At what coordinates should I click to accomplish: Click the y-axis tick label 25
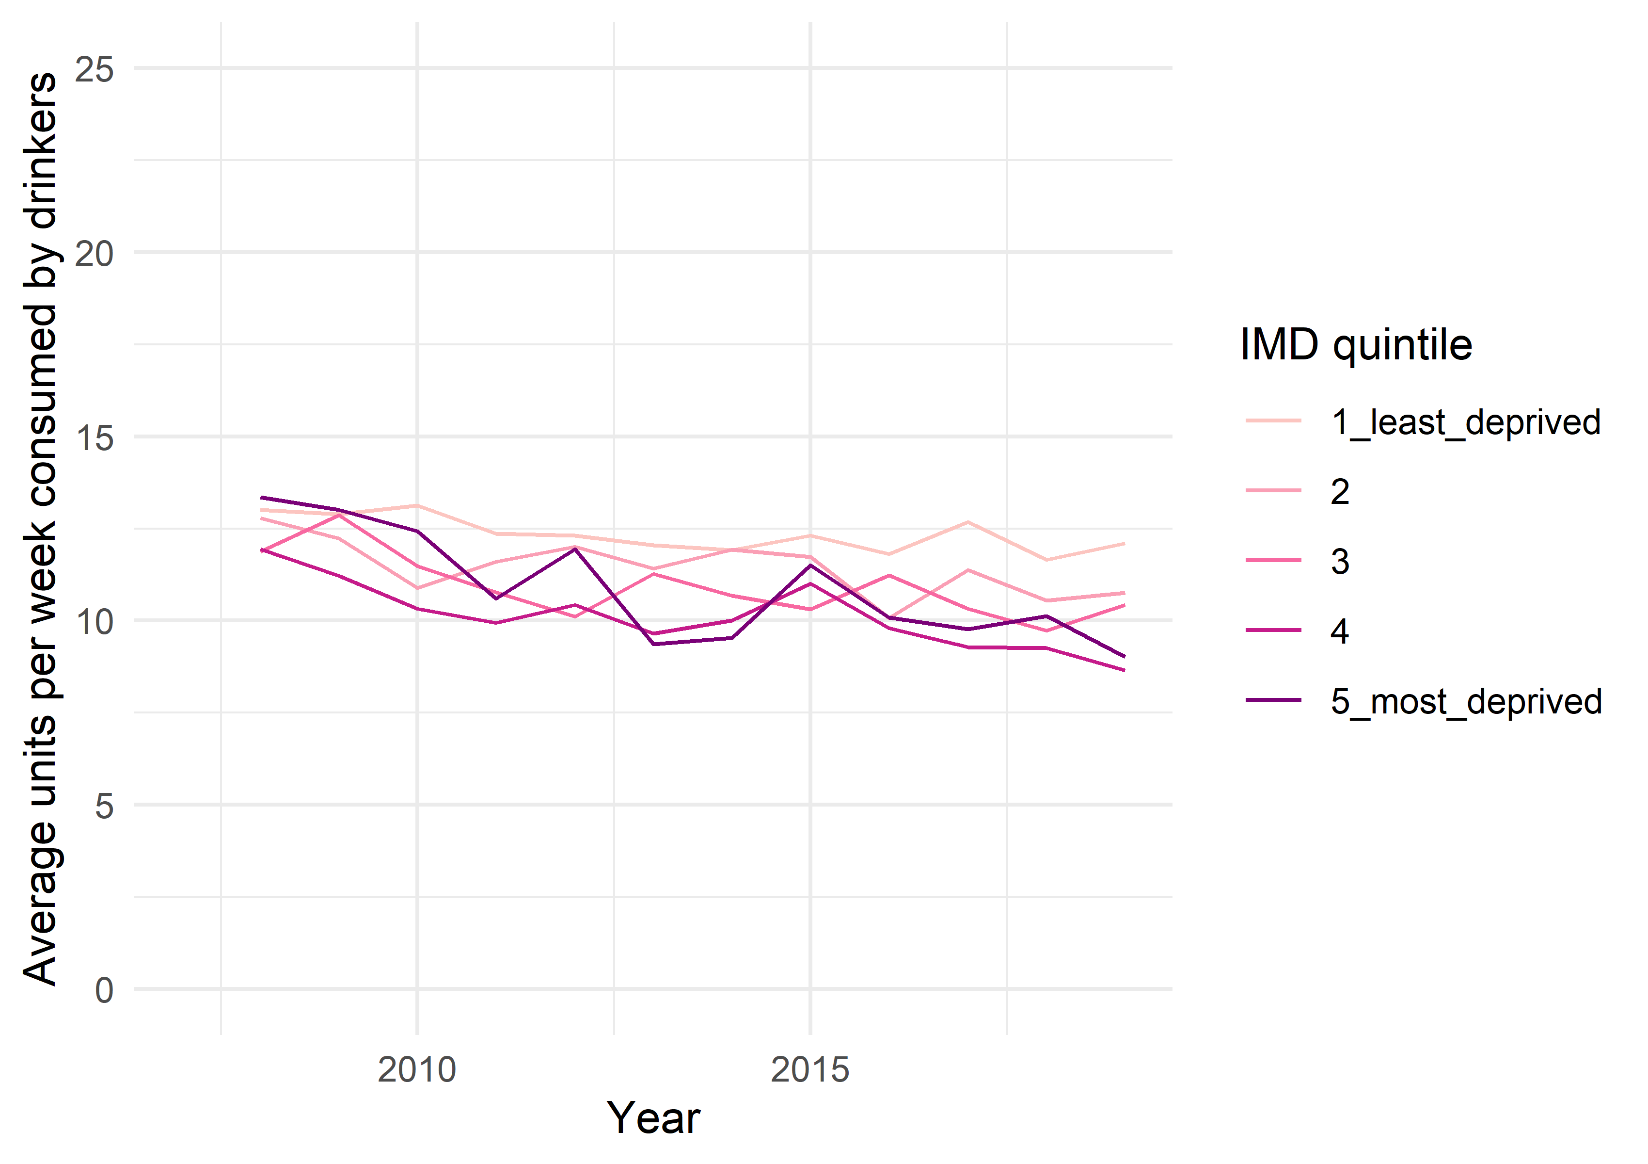(94, 70)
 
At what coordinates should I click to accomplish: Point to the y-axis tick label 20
(94, 254)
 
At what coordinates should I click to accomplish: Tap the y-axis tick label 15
(94, 438)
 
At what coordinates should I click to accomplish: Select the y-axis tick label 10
(94, 622)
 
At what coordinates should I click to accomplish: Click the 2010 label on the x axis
(417, 1070)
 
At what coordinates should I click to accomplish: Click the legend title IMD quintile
(1356, 345)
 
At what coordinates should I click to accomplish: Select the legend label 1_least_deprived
(1466, 421)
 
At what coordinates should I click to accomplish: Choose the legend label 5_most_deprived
(1466, 701)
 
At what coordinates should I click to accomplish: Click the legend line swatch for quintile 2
(1273, 490)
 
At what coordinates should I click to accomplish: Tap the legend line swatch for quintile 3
(1273, 560)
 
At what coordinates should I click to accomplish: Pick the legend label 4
(1339, 630)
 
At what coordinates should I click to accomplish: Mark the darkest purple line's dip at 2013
(654, 644)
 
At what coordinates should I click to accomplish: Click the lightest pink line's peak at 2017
(968, 522)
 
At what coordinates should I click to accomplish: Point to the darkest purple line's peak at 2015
(810, 565)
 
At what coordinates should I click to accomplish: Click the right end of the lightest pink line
(1124, 544)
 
